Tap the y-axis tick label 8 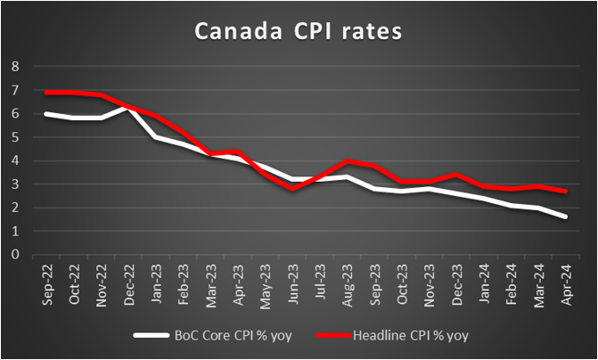tap(15, 66)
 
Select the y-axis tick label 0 tap(15, 254)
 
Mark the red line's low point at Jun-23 tap(291, 189)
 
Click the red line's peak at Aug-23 tap(347, 161)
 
